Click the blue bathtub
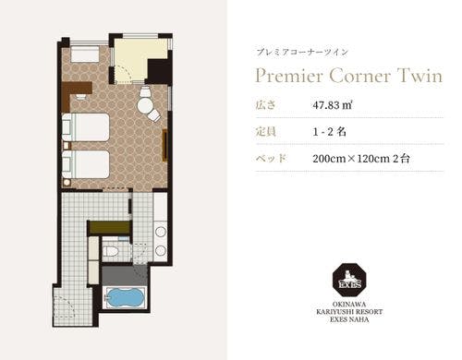[x=125, y=298]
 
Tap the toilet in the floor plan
[x=110, y=251]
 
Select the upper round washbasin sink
[x=161, y=232]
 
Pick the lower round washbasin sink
[x=161, y=251]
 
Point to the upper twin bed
[x=86, y=127]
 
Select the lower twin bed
[x=86, y=164]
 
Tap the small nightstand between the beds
[x=67, y=146]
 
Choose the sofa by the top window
[x=85, y=54]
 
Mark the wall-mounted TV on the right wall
[x=165, y=145]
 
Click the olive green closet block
[x=110, y=228]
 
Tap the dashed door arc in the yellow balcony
[x=127, y=73]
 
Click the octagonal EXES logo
[x=349, y=280]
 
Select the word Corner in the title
[x=360, y=76]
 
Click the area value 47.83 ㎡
[x=333, y=105]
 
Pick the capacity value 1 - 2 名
[x=329, y=132]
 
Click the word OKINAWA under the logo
[x=349, y=305]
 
